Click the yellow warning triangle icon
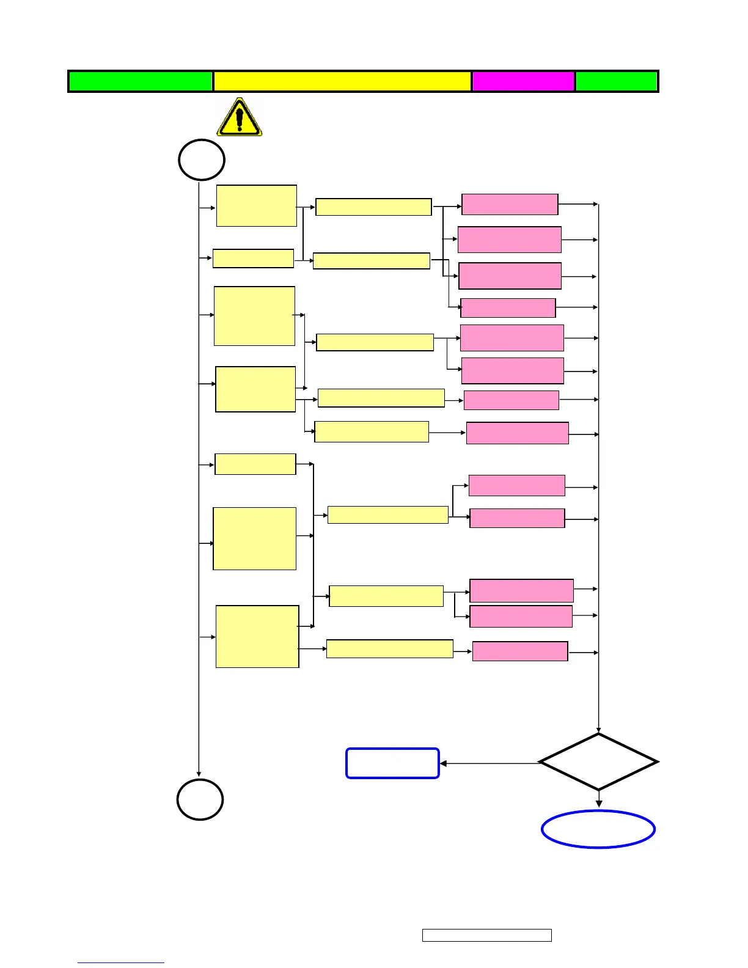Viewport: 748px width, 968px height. (x=240, y=117)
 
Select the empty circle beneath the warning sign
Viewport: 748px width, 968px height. (x=202, y=160)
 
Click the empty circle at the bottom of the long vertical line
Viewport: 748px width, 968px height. (x=200, y=799)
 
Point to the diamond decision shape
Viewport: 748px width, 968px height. (x=598, y=762)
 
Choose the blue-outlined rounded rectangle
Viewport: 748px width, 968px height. (x=392, y=763)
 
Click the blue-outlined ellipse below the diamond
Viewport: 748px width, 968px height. (x=598, y=829)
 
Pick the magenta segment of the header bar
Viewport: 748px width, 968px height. (x=523, y=81)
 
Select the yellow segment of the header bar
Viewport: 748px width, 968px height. (x=342, y=81)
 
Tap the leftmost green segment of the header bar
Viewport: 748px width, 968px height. (x=141, y=81)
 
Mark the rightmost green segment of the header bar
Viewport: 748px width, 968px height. (x=616, y=81)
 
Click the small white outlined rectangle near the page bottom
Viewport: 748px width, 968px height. (x=486, y=935)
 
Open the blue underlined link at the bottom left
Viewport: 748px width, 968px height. (x=121, y=962)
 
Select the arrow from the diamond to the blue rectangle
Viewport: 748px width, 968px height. (x=489, y=763)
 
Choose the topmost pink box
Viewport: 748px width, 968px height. (x=510, y=204)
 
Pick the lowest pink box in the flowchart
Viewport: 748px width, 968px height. (x=520, y=651)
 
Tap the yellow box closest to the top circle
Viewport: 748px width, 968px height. (x=257, y=206)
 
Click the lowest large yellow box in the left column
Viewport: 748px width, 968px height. (x=257, y=637)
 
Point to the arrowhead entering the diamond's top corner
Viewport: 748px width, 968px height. (x=598, y=730)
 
